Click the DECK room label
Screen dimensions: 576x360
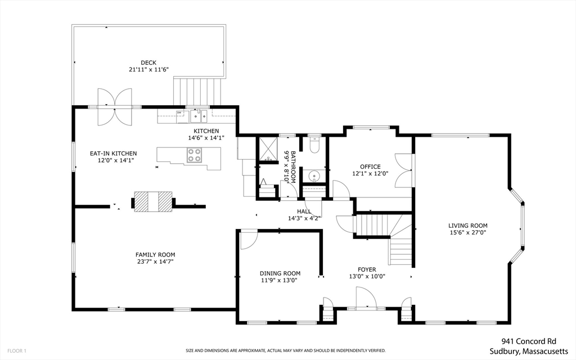[148, 63]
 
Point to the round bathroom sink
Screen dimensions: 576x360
[314, 176]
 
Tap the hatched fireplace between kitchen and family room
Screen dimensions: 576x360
[153, 201]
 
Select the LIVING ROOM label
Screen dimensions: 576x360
[467, 226]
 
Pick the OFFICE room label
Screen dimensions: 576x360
[370, 166]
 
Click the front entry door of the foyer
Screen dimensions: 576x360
[366, 298]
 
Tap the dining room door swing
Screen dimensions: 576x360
[249, 239]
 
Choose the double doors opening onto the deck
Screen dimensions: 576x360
[114, 107]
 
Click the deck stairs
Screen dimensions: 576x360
[197, 92]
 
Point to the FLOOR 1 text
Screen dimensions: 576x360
[17, 351]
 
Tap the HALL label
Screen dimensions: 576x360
[304, 211]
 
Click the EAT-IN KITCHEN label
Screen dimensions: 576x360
[113, 154]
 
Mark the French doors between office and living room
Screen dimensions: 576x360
[404, 170]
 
